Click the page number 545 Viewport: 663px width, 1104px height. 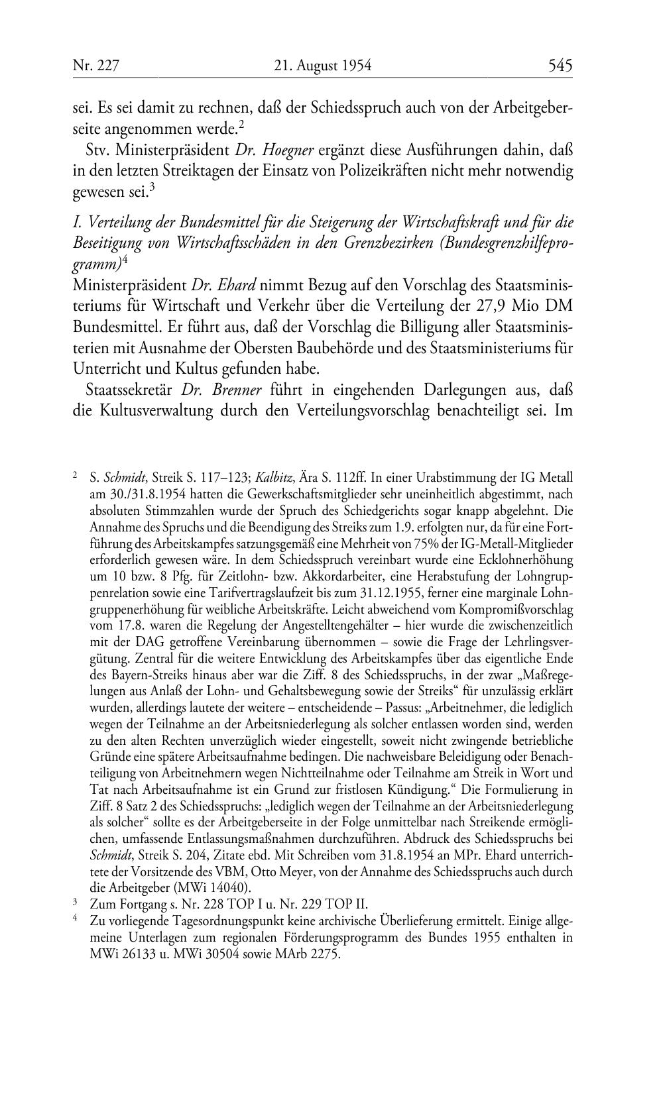(x=560, y=65)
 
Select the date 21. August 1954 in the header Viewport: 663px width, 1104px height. (x=322, y=65)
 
